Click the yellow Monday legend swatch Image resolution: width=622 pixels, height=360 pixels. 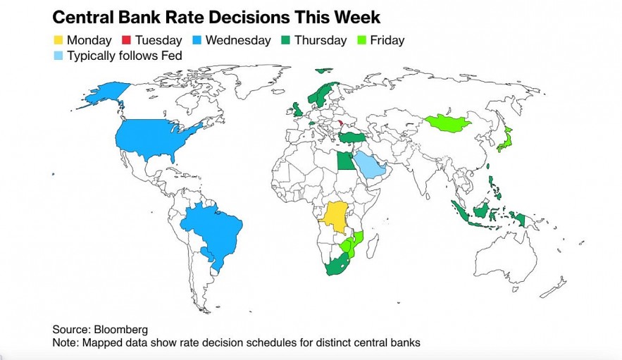(58, 40)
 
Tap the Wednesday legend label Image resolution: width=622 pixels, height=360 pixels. (238, 40)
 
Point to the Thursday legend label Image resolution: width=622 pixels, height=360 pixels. (321, 40)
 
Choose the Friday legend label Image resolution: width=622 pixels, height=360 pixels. (386, 40)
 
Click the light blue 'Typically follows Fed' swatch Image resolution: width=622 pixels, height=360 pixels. (58, 55)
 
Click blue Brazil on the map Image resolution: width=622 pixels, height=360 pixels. (214, 233)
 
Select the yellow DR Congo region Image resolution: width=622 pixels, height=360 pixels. (337, 219)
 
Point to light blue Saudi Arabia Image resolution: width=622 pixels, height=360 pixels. (368, 165)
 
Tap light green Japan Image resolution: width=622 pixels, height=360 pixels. (504, 141)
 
